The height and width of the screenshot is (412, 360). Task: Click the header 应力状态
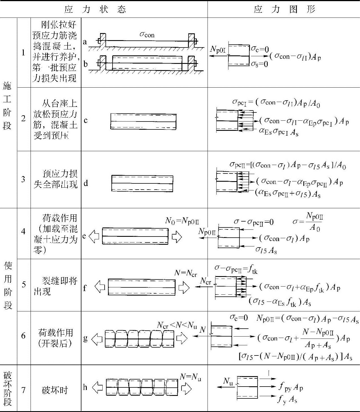(x=95, y=9)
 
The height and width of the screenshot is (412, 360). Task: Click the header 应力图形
(x=284, y=9)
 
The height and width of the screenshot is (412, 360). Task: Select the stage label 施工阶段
(x=7, y=106)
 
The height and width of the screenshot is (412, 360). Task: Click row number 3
(x=23, y=179)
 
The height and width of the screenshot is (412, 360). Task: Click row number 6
(x=23, y=335)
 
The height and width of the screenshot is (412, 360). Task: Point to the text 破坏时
(x=55, y=390)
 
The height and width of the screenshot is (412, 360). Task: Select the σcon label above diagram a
(x=147, y=34)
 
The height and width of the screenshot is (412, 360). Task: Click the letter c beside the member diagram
(x=85, y=121)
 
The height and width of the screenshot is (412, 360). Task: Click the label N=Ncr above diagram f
(x=186, y=273)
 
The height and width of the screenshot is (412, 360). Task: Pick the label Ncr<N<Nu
(x=177, y=326)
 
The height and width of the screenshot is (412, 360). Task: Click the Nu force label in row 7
(x=228, y=381)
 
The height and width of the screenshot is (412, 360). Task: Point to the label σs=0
(x=260, y=64)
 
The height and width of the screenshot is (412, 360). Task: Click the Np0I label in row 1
(x=218, y=49)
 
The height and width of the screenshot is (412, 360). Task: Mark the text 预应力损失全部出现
(x=55, y=179)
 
